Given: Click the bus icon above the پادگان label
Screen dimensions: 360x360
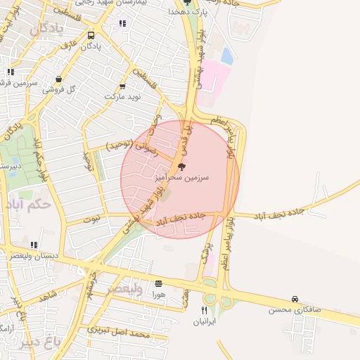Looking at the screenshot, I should point(91,35).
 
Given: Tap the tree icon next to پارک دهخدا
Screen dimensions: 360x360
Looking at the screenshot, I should point(186,2).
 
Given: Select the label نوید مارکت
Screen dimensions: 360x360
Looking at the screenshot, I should point(123,96).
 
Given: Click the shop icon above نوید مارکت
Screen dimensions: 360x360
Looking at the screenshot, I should point(123,86).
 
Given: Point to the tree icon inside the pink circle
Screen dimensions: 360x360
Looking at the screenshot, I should point(182,167).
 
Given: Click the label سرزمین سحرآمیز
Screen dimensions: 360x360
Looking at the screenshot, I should point(182,179).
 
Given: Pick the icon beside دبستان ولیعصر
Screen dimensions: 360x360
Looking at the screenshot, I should point(34,245).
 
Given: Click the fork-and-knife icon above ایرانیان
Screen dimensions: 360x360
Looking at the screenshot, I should point(205,310).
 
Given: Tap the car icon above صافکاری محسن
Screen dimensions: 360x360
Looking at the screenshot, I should point(295,300).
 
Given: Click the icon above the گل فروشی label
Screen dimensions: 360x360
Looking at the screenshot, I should point(58,79).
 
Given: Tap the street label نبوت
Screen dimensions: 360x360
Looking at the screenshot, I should point(91,219).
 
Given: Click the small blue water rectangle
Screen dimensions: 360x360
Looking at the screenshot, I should point(227,56).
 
